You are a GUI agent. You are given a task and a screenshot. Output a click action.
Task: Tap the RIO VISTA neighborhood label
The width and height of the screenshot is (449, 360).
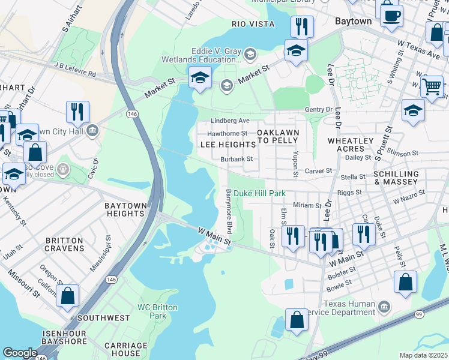tap(253, 24)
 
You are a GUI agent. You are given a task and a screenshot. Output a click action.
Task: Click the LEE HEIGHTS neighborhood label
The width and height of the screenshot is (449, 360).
tap(228, 145)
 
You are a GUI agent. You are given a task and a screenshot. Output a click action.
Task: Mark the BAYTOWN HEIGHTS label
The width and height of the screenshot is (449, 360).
tap(125, 210)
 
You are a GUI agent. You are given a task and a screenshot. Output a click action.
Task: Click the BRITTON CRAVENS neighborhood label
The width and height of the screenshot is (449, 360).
tap(64, 244)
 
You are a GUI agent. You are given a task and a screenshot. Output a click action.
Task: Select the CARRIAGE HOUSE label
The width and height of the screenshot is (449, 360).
tap(125, 349)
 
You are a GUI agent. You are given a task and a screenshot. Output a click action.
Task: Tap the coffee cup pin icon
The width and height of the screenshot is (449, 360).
tap(391, 16)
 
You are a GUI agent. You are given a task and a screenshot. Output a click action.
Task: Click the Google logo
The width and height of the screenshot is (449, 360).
tap(20, 353)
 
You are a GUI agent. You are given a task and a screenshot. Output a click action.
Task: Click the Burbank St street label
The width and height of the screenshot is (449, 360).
tap(236, 159)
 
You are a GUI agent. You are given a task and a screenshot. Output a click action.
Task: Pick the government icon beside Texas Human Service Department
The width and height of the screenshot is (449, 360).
tap(384, 308)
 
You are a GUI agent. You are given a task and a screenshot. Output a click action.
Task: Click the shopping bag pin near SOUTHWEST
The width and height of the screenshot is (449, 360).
tap(67, 295)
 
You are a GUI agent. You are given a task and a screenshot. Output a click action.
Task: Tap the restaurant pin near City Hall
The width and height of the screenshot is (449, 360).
tap(77, 112)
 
